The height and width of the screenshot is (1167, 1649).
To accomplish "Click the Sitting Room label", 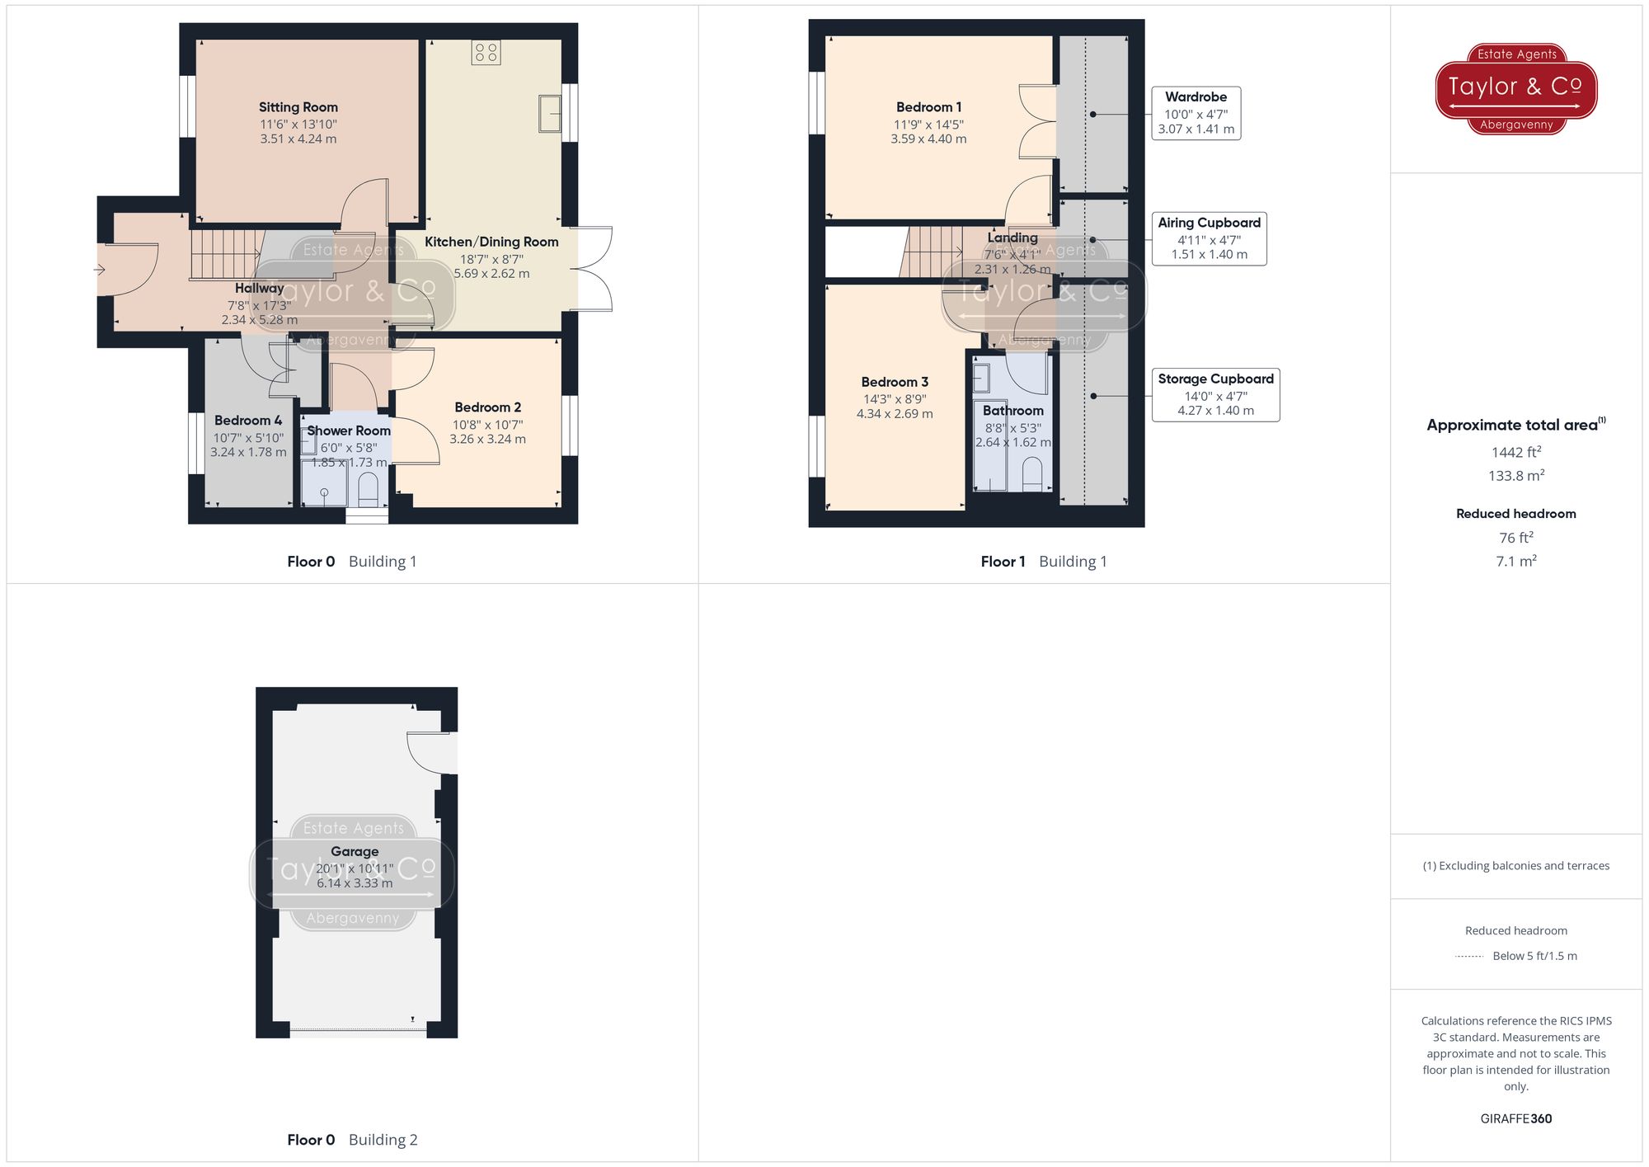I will tap(298, 107).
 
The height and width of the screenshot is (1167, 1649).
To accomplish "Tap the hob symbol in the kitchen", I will tap(486, 53).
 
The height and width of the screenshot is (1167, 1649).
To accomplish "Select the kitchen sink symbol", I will tap(550, 113).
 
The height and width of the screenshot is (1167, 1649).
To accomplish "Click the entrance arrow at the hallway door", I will tap(100, 270).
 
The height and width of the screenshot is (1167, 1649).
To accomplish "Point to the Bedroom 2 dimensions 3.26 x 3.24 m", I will tap(487, 440).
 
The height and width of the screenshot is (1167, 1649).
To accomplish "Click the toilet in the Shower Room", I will tap(369, 488).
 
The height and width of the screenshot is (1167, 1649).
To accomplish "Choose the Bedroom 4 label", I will tap(247, 421).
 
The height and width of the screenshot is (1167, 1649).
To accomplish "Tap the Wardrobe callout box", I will tap(1196, 113).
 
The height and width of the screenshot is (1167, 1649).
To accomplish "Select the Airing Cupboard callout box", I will tap(1209, 238).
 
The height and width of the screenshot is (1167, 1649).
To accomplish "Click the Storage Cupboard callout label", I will tap(1215, 379).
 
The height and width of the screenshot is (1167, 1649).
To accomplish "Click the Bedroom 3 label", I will tap(895, 383).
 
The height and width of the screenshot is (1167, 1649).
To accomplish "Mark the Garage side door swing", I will tap(430, 751).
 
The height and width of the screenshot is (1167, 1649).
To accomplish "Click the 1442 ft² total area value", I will tap(1515, 452).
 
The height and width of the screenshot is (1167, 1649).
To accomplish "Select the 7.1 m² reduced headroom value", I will tap(1515, 561).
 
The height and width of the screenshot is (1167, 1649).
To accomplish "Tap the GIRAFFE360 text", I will tap(1515, 1119).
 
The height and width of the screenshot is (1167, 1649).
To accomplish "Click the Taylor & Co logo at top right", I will tap(1515, 88).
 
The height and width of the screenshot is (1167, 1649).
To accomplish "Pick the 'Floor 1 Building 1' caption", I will tap(1043, 562).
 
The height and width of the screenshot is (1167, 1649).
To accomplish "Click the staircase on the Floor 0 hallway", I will tap(218, 254).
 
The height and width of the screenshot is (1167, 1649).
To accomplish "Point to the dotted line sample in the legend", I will tap(1469, 957).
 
